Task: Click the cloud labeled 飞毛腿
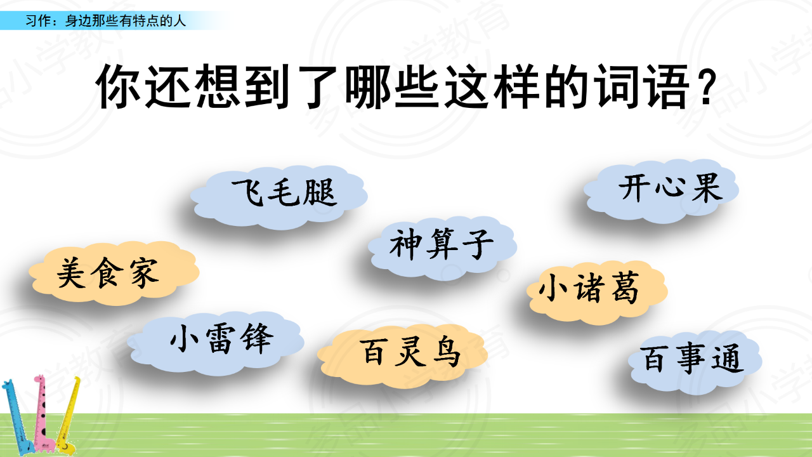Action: click(278, 197)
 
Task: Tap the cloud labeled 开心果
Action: click(661, 191)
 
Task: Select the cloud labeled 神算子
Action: click(443, 248)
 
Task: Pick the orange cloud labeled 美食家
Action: click(114, 273)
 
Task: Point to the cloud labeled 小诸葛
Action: click(597, 293)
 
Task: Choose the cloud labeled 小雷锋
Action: click(215, 343)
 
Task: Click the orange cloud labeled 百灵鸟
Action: click(402, 356)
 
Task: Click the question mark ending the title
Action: click(707, 88)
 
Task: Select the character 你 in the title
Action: click(119, 86)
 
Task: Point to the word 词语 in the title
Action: click(642, 86)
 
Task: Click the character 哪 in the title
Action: click(368, 86)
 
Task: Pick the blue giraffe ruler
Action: click(18, 417)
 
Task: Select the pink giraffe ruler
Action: click(44, 413)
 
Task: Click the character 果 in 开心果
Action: click(707, 188)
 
